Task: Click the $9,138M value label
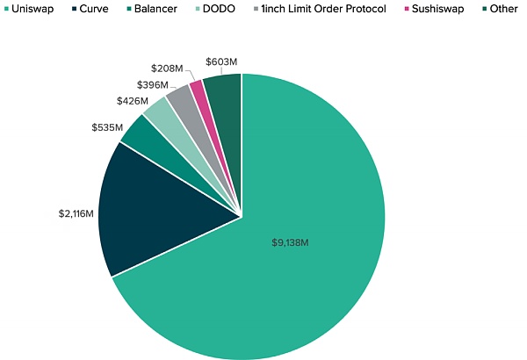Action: tap(290, 241)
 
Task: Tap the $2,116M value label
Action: tap(78, 212)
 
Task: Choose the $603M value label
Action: tap(221, 61)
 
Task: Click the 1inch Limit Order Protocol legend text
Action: tap(324, 9)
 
